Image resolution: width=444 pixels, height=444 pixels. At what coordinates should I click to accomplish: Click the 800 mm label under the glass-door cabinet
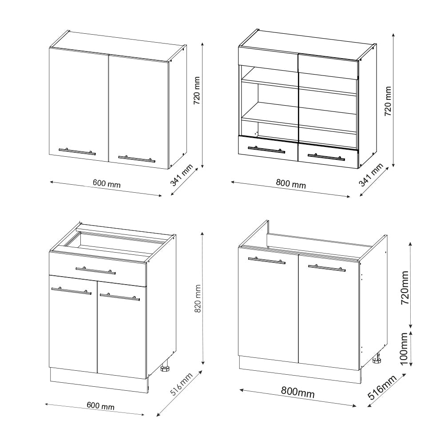click(x=291, y=184)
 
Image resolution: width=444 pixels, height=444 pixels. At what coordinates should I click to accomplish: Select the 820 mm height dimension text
click(x=198, y=299)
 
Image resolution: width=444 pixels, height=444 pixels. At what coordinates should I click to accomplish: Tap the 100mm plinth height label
click(x=404, y=349)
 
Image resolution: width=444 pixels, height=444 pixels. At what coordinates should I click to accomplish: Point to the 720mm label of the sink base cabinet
click(x=404, y=288)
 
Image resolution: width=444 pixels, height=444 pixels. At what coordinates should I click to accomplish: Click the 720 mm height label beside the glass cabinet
click(x=388, y=101)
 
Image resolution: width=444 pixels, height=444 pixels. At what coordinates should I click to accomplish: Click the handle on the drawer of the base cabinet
click(x=95, y=270)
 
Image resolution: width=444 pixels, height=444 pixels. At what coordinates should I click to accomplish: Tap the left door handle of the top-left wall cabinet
click(x=77, y=151)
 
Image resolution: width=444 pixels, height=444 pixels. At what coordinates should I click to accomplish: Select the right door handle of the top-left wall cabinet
click(x=136, y=158)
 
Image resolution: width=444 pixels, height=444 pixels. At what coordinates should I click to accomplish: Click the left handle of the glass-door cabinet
click(x=266, y=149)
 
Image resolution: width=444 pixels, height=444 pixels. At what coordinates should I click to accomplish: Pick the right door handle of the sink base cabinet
click(x=326, y=268)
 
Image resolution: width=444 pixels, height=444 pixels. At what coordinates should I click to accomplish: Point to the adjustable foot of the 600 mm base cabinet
click(x=165, y=368)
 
